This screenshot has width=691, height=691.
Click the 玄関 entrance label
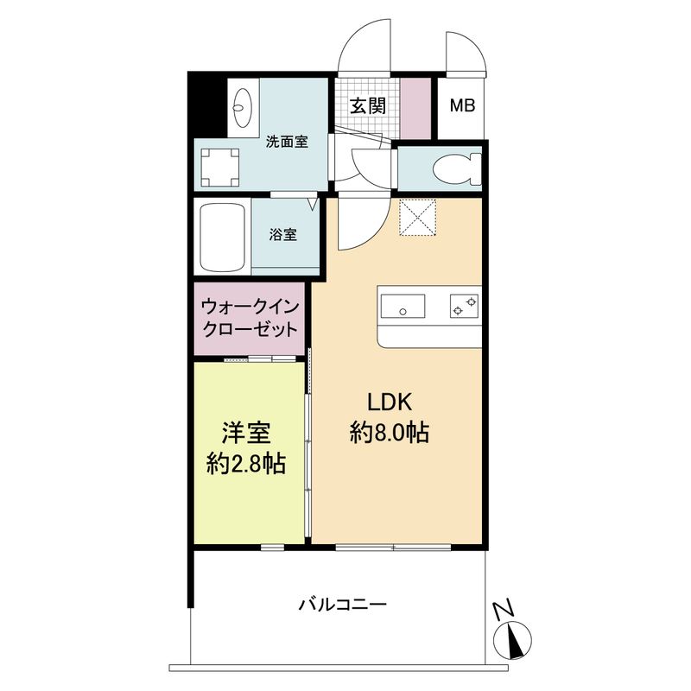coord(367,106)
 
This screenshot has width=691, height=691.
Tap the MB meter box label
coord(463,107)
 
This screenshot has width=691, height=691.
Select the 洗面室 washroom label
coord(287,142)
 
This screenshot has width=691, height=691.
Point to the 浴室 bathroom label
coord(283,234)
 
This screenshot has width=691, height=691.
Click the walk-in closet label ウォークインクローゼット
coord(250,318)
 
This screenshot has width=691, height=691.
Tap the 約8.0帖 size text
coord(390,432)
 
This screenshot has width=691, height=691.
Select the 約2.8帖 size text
coord(246,464)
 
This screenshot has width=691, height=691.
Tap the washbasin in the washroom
coord(241,107)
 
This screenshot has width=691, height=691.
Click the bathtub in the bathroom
coord(223,236)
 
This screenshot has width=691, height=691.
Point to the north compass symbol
coord(516,640)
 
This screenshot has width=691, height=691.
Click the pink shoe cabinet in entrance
coord(416,108)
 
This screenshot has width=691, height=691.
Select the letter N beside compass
coord(500,610)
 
